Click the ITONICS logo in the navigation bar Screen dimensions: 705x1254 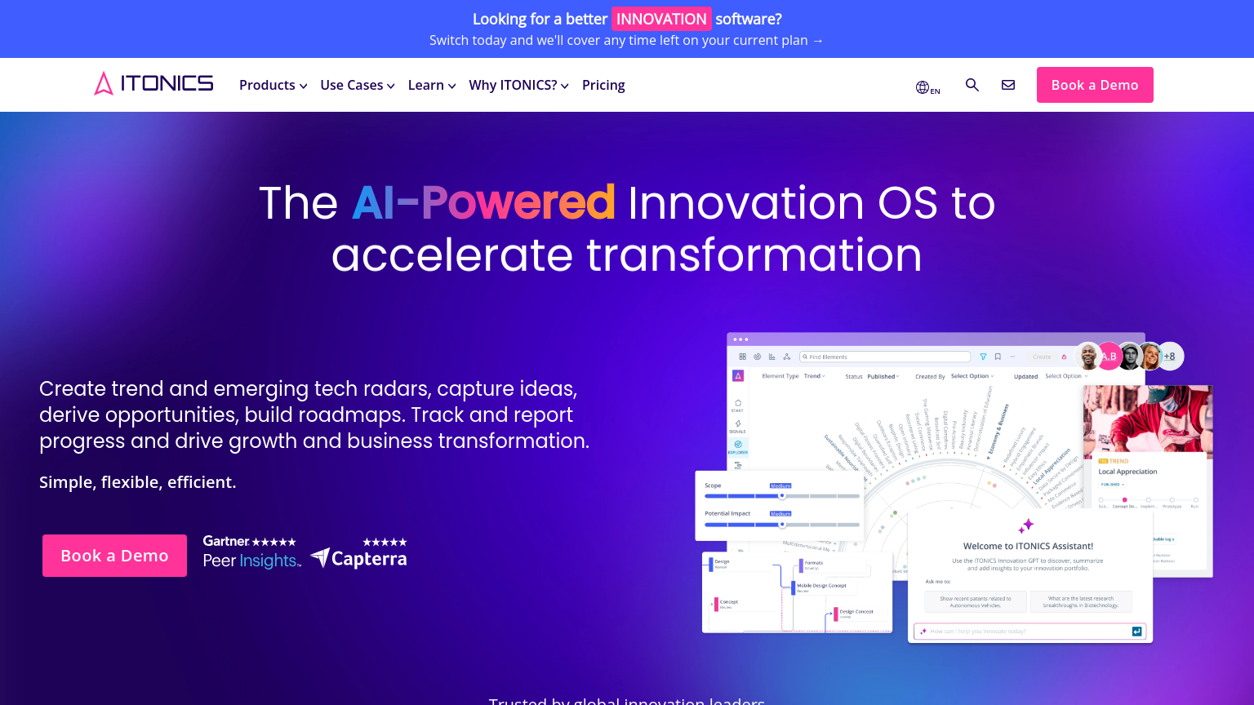click(153, 84)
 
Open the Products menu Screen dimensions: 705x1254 click(273, 85)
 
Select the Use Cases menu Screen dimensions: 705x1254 click(357, 85)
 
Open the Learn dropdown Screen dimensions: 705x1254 click(431, 85)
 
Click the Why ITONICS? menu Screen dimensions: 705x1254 click(518, 85)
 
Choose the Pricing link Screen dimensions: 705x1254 click(603, 85)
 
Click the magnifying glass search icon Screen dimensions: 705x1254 click(972, 85)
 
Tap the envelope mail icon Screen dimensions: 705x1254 click(1008, 85)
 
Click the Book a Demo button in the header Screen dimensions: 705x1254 click(1094, 85)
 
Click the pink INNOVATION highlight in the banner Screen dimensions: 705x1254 click(661, 19)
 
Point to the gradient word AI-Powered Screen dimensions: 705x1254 click(483, 202)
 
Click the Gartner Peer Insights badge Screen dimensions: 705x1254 click(251, 552)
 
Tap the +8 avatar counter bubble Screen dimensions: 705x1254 click(1170, 356)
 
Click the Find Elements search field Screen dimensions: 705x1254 click(885, 357)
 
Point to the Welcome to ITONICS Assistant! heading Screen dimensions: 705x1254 click(1028, 546)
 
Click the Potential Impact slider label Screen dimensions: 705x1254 click(727, 513)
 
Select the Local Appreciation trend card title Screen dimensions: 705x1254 click(1127, 472)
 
